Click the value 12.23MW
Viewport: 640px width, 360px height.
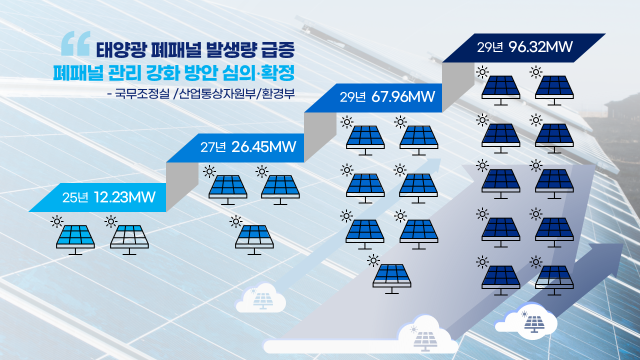(x=124, y=197)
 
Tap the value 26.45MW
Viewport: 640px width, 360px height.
(x=263, y=147)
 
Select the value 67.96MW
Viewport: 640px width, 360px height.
(x=403, y=97)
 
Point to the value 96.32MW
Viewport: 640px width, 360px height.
(x=540, y=47)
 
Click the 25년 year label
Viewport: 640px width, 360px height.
(x=75, y=197)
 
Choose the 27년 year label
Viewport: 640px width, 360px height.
(x=213, y=147)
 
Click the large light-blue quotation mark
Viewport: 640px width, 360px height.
(x=76, y=43)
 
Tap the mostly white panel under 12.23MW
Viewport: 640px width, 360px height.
(x=129, y=239)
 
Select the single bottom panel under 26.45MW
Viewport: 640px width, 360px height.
(x=254, y=239)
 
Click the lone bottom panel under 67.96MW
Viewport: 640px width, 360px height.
(x=391, y=278)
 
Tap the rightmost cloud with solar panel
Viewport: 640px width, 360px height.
(x=526, y=321)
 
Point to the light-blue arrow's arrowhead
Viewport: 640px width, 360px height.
(x=432, y=165)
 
